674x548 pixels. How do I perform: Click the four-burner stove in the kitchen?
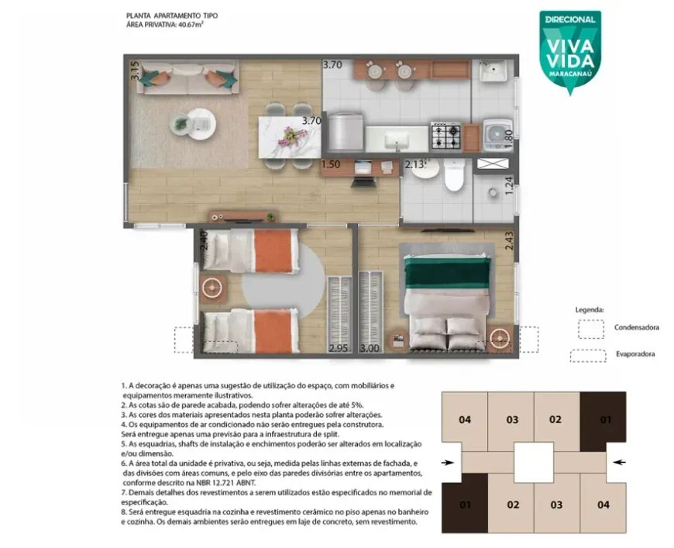[x=445, y=136]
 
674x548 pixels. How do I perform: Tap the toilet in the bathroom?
[x=454, y=174]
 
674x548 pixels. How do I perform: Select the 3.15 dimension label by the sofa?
[x=135, y=70]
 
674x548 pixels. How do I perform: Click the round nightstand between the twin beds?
[x=212, y=288]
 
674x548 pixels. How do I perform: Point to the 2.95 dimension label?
[x=339, y=348]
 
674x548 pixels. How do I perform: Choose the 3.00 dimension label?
[x=370, y=348]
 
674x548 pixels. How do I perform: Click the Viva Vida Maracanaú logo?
[x=570, y=52]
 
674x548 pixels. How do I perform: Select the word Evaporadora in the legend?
[x=635, y=354]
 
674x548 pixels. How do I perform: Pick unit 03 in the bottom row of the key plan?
[x=557, y=504]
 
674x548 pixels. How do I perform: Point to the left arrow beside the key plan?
[x=448, y=463]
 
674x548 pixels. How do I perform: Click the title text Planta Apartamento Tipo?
[x=172, y=16]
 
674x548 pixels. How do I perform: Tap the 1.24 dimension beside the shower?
[x=509, y=186]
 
